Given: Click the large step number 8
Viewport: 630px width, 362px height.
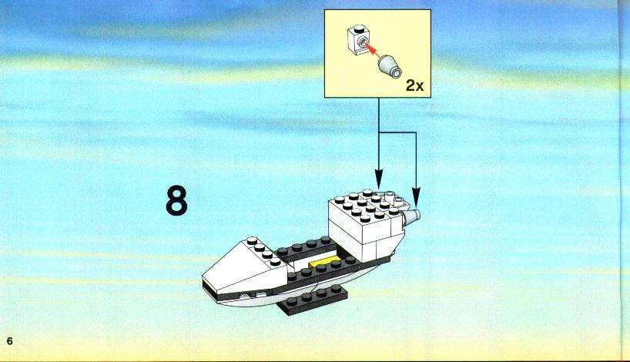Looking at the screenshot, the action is (176, 201).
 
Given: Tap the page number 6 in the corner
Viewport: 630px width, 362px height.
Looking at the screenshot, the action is (10, 341).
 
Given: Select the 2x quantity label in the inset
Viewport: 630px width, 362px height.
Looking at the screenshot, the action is (414, 85).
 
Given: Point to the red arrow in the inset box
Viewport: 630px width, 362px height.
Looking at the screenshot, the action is (373, 51).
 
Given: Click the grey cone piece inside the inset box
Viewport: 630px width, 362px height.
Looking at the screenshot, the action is (390, 66).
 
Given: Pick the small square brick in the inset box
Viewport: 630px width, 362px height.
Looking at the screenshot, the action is (357, 41).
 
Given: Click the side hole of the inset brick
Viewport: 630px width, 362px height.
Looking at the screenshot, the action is (364, 42).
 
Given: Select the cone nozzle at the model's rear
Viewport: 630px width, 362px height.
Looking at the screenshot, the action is (411, 217).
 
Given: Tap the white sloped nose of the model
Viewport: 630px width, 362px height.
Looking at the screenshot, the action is (245, 267).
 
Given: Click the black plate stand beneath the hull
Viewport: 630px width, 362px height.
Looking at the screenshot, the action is (313, 300).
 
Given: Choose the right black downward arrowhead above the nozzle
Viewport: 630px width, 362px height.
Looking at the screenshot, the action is (416, 199).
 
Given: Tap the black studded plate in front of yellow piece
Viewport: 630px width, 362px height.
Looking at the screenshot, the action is (321, 272).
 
